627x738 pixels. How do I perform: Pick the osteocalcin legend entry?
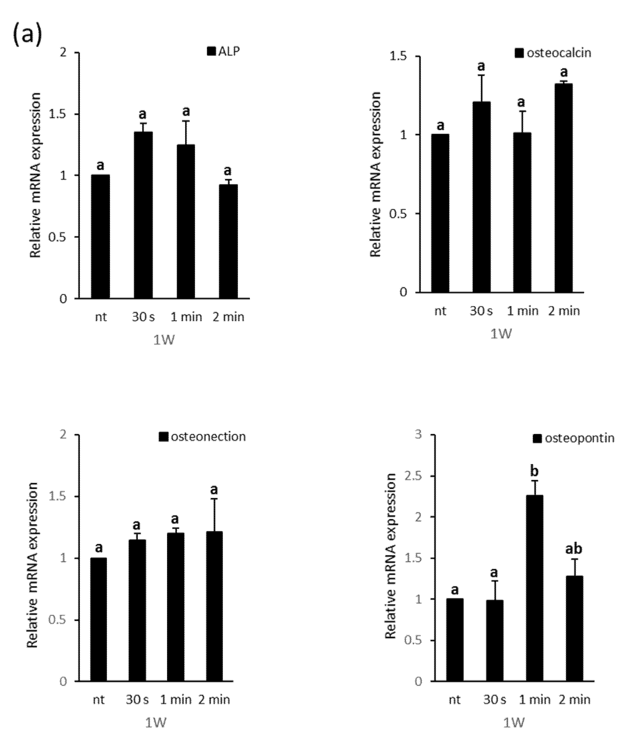click(x=553, y=53)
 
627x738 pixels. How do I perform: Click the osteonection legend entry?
click(x=202, y=437)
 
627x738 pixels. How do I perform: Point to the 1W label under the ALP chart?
click(x=164, y=340)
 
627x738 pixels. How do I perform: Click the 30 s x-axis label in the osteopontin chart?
click(x=494, y=700)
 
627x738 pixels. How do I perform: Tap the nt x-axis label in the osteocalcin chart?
click(x=440, y=311)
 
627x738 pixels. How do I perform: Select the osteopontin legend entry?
click(x=573, y=438)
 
